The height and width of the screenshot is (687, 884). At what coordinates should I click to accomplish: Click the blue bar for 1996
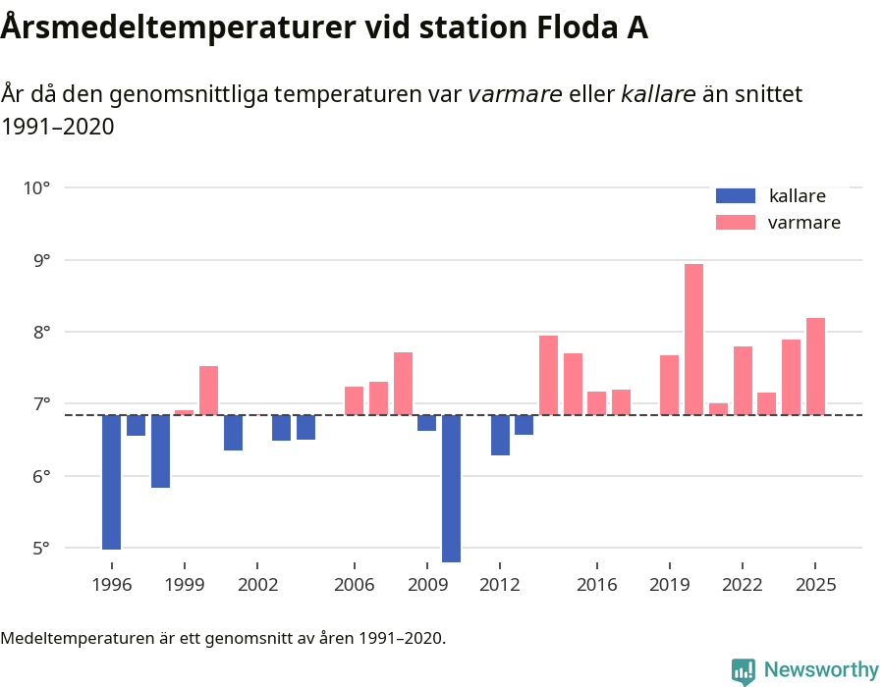111,482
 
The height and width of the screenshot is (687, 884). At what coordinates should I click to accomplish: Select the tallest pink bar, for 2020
693,340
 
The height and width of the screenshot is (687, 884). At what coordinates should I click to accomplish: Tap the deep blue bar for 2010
452,488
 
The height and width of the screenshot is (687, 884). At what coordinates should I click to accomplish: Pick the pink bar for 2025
815,366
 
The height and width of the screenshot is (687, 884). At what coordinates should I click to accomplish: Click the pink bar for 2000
208,391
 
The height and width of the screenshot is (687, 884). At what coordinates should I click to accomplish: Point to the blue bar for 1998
160,450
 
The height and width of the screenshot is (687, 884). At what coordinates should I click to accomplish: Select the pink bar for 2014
548,375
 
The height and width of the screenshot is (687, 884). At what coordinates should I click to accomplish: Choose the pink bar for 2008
403,383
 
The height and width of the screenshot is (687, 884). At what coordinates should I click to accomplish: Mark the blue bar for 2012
500,435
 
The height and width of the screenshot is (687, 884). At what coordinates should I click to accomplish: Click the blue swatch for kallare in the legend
736,195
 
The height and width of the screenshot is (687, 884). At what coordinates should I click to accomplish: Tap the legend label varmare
803,223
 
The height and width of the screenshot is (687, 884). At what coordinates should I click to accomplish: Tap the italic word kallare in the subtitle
658,94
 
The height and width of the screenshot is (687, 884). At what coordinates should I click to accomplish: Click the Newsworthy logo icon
744,670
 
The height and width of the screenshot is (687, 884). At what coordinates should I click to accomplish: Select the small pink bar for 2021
718,409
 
